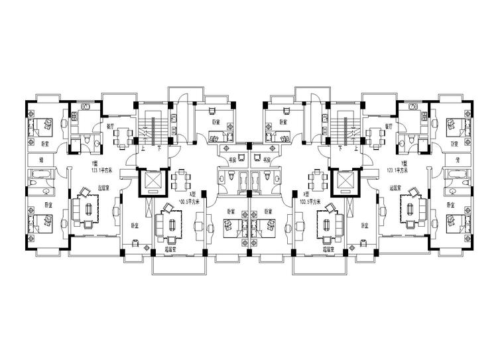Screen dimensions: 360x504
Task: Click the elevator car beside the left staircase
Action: coord(152,181)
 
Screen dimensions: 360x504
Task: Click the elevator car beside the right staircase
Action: coord(347,181)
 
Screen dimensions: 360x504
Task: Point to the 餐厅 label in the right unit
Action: coord(389,125)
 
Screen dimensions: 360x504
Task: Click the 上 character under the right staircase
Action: coord(356,149)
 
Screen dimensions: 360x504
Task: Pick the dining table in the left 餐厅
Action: coord(123,137)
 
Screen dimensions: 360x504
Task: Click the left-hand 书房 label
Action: coord(233,160)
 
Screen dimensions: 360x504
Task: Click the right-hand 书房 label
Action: coord(266,160)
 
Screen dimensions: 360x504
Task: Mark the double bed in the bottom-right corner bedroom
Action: coord(458,221)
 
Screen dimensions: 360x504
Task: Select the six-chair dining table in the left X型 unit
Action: coord(181,179)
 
